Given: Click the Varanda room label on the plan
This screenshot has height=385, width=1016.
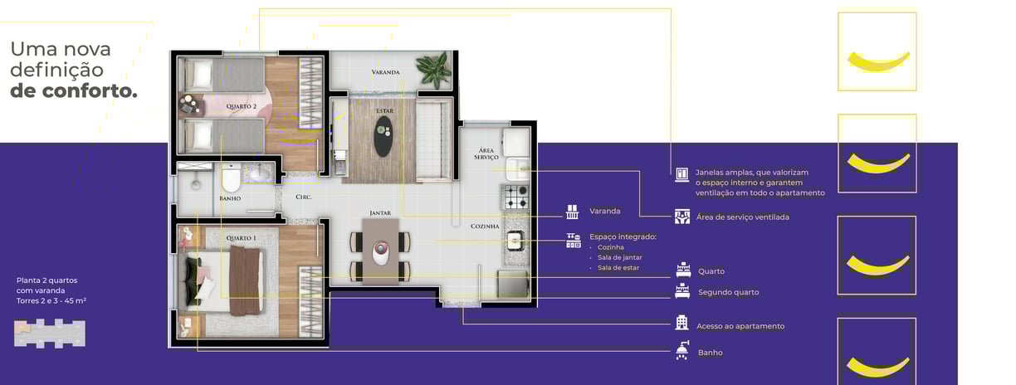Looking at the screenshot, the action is coord(385,72).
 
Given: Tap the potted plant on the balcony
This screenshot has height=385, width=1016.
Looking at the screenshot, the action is coord(434,70).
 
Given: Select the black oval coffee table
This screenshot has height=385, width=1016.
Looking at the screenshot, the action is coord(383,137).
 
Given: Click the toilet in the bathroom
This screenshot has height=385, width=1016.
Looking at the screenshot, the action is coord(231,179).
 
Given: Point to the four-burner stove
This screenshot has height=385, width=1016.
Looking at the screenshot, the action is coord(516,197).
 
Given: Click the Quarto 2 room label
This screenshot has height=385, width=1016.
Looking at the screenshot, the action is coord(242,106).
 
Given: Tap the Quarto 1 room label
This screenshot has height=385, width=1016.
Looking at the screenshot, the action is coord(242,238).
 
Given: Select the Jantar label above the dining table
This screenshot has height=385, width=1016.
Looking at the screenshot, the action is coord(380,213).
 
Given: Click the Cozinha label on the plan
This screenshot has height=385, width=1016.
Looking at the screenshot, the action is coord(485,227).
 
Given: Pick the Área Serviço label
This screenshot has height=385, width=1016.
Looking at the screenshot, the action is coord(486,154).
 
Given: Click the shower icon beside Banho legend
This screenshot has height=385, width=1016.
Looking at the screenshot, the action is coord(682,350).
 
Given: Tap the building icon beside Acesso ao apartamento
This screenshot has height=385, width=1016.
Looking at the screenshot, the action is coord(681,323).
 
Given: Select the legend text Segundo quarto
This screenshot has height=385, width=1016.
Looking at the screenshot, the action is coord(729,293).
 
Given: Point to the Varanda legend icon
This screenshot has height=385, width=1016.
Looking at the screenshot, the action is coord(572,212).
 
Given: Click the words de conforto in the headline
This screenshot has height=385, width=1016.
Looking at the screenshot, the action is coord(74,91).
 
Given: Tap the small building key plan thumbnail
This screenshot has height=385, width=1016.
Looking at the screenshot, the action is coord(50,334).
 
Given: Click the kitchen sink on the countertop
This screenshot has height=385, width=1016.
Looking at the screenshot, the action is coord(515,241).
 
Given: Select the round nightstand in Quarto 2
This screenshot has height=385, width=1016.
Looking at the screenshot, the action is coord(189,105).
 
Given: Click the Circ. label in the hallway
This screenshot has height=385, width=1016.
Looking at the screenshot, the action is coord(304,197).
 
